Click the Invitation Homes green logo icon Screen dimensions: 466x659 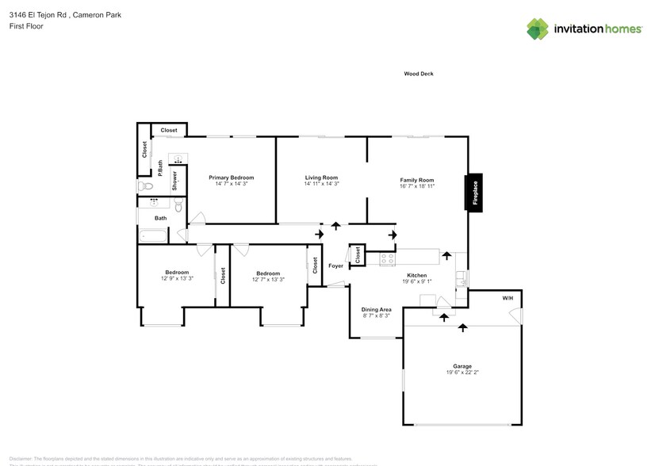538,29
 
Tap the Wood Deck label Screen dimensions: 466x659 418,74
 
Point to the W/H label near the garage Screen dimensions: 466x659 507,299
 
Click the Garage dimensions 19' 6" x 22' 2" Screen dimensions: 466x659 462,373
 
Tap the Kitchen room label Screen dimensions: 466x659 416,275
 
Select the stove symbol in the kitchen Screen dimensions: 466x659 387,258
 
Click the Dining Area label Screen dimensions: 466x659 376,309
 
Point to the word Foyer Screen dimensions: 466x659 336,265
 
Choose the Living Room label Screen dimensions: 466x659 321,178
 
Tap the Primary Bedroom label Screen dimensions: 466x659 231,178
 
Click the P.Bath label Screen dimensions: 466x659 160,168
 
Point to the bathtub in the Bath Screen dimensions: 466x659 153,235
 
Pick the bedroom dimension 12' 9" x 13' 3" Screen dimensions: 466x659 177,279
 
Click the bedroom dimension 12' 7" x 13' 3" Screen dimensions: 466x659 268,279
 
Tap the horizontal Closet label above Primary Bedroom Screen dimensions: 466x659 169,130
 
